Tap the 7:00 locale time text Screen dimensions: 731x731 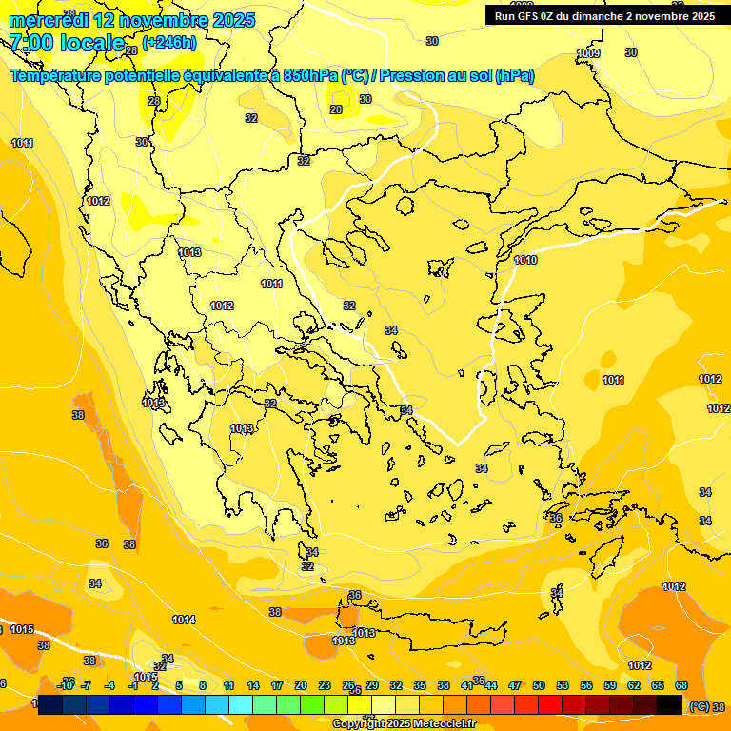coord(66,42)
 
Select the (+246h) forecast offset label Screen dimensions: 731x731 coord(171,42)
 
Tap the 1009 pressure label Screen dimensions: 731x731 coord(589,53)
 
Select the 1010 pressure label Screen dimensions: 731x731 coord(525,260)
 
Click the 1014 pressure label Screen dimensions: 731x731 coord(184,620)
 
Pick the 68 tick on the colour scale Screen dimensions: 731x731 coord(682,685)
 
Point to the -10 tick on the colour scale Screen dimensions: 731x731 coord(65,685)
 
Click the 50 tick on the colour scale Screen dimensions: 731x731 coord(539,685)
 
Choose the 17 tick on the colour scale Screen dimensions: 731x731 coord(277,685)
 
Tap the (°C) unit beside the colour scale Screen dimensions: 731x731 coord(699,706)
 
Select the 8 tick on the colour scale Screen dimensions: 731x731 coord(203,685)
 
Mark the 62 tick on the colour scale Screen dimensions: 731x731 coord(634,685)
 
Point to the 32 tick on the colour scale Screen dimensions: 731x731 coord(395,685)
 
